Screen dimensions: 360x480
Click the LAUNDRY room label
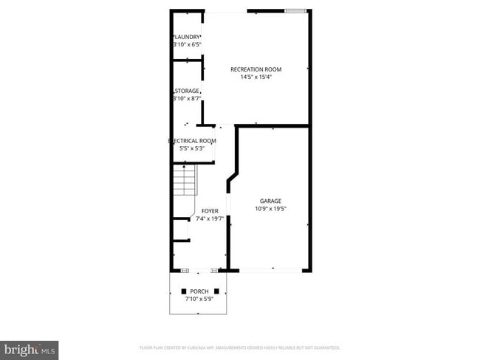click(x=188, y=36)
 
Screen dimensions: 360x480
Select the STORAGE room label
click(x=188, y=91)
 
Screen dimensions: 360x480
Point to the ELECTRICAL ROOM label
click(x=192, y=140)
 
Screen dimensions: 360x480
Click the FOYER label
click(x=210, y=211)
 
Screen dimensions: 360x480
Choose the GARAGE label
click(x=270, y=201)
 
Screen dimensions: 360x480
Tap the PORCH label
click(x=199, y=291)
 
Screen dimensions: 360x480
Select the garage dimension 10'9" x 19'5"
click(x=270, y=209)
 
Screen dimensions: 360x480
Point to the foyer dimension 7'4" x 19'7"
click(x=210, y=219)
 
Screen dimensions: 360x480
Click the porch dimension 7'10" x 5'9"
click(x=199, y=299)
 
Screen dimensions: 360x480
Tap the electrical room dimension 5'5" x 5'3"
click(x=192, y=148)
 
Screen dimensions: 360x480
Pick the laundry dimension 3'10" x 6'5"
click(x=187, y=44)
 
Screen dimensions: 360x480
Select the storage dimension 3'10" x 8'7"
click(x=187, y=99)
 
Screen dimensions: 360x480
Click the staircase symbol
click(x=182, y=181)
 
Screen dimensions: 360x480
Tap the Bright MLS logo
click(x=30, y=350)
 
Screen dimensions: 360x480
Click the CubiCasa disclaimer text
click(x=239, y=347)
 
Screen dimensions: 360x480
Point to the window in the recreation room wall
click(x=295, y=11)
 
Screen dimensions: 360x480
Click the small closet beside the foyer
click(x=180, y=230)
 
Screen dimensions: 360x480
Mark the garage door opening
click(x=271, y=271)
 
